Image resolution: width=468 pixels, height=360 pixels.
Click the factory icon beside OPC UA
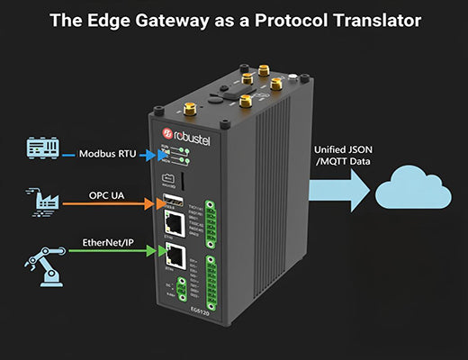(x=46, y=203)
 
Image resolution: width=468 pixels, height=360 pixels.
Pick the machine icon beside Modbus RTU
(x=45, y=148)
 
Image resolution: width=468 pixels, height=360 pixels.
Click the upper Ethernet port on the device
(x=176, y=220)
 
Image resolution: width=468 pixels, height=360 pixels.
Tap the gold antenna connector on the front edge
(x=191, y=111)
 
